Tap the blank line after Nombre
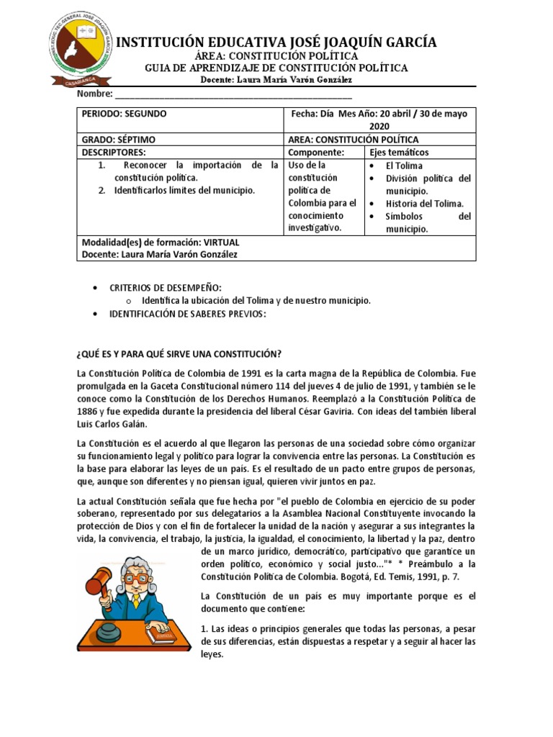(x=233, y=94)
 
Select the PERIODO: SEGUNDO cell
(x=125, y=114)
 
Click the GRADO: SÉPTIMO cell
(x=119, y=140)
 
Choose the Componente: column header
(x=316, y=153)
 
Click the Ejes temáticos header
(x=399, y=153)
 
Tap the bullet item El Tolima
(x=407, y=166)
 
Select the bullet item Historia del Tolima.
(x=425, y=204)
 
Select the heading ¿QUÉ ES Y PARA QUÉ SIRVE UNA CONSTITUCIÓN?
(x=179, y=353)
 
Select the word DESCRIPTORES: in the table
(x=114, y=153)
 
